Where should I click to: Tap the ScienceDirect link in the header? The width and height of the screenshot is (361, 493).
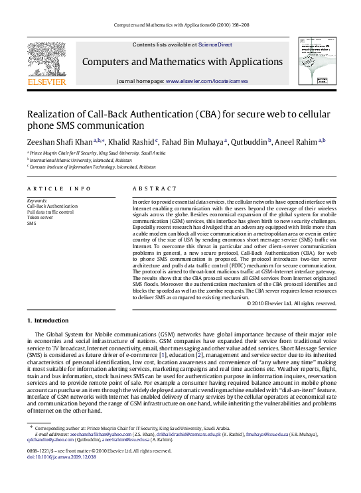(x=216, y=44)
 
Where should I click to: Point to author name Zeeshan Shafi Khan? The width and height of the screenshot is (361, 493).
(x=59, y=141)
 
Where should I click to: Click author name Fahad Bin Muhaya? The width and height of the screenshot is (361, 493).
(x=193, y=141)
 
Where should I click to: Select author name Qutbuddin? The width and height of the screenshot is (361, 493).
(x=248, y=141)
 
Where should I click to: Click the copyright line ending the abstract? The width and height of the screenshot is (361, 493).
(x=291, y=303)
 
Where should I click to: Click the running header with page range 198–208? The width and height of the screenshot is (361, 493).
(x=180, y=24)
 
